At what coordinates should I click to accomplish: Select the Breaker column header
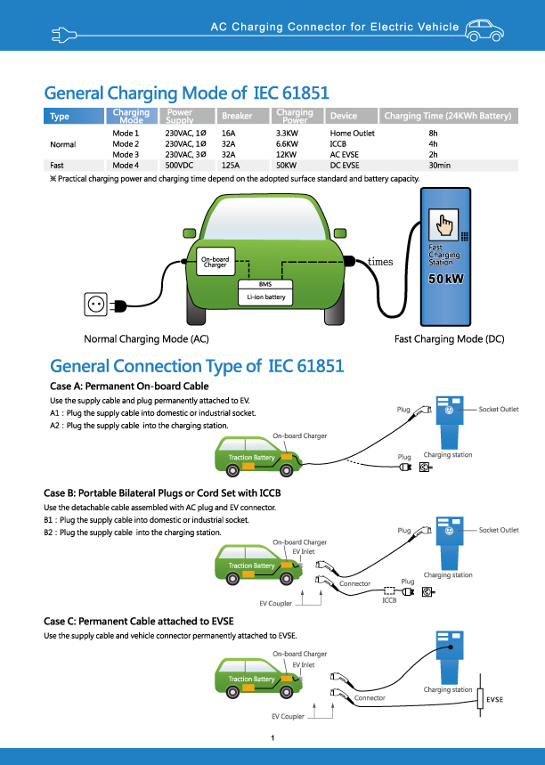pos(237,116)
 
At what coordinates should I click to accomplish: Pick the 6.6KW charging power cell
pos(287,143)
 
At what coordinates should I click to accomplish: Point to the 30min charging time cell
pos(439,165)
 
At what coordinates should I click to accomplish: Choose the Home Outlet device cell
pos(352,133)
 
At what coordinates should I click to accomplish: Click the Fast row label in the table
pos(57,165)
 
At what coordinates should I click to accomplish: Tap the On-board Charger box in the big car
pos(215,263)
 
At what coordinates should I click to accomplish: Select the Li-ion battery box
pos(266,297)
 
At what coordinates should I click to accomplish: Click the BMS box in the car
pos(264,283)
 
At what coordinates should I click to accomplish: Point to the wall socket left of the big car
pos(95,305)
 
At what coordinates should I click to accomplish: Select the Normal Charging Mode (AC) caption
pos(146,339)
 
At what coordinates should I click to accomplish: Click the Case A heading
pos(129,386)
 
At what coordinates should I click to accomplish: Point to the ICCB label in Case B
pos(389,600)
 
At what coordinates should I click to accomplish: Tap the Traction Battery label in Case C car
pos(252,679)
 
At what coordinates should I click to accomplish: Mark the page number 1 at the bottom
pos(272,738)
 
